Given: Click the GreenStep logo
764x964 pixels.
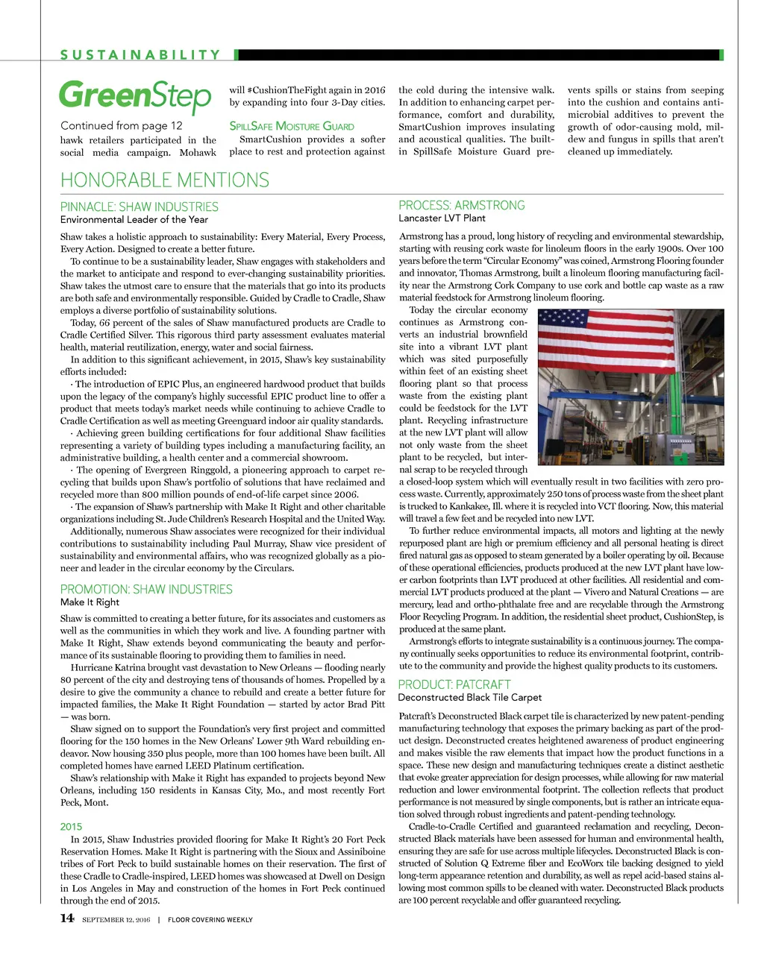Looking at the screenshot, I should click(135, 96).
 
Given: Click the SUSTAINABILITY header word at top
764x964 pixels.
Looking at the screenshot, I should click(140, 54).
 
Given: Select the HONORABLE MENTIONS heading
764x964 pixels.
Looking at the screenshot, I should click(164, 180).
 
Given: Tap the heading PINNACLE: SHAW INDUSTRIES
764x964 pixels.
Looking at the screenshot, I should click(140, 207).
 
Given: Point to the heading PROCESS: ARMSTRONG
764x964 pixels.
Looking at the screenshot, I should click(462, 205).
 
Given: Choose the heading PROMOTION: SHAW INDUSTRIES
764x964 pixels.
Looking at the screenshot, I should click(146, 589).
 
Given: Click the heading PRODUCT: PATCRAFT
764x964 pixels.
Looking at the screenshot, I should click(454, 684).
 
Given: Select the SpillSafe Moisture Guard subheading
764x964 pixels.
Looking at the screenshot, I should click(292, 127).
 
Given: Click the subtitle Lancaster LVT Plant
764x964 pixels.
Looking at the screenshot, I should click(442, 218).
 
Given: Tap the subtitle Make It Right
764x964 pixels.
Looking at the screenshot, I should click(90, 602).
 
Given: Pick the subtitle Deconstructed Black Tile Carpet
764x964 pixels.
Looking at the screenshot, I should click(470, 697).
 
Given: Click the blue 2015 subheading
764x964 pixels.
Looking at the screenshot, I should click(72, 826).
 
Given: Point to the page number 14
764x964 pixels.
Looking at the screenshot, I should click(67, 919).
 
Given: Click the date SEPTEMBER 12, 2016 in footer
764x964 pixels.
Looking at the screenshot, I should click(116, 920).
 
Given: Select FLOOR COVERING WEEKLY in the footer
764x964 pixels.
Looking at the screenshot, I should click(210, 920).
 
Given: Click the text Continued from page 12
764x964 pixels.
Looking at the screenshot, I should click(122, 125).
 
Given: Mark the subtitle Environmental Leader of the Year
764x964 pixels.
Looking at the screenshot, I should click(134, 220).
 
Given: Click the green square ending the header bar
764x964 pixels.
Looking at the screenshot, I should click(721, 54).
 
